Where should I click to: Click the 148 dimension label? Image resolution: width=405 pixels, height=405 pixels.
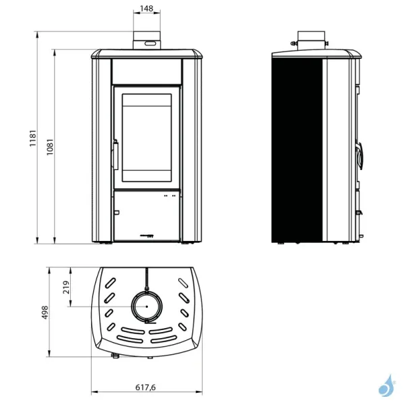tap(146, 9)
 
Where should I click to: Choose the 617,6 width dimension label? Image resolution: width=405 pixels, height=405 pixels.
tap(146, 387)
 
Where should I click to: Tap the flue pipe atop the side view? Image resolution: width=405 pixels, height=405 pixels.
tap(312, 40)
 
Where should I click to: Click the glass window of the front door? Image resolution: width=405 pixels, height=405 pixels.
tap(146, 136)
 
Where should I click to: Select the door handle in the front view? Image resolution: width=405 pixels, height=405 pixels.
tap(115, 155)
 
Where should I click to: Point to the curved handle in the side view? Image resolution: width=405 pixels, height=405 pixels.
tap(361, 155)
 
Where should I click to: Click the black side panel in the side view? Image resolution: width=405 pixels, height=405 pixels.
tap(298, 149)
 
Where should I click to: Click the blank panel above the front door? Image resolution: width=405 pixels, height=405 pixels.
tap(146, 70)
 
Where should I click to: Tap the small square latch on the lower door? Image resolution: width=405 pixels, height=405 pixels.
tap(115, 213)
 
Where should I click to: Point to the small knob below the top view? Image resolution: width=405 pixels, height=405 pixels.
tap(115, 354)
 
